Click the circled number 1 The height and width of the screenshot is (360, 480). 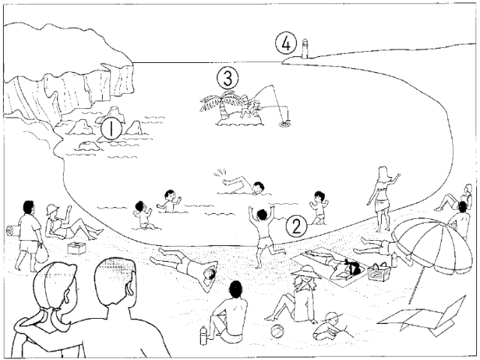click(111, 129)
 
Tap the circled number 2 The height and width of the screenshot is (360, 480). click(297, 225)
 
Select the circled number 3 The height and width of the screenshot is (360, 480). click(229, 77)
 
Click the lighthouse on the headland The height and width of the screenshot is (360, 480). click(306, 50)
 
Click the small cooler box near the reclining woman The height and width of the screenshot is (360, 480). click(76, 248)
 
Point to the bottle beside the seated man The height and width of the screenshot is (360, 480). click(203, 334)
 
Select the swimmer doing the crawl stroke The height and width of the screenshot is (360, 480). click(244, 183)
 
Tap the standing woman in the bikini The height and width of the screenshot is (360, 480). click(382, 198)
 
